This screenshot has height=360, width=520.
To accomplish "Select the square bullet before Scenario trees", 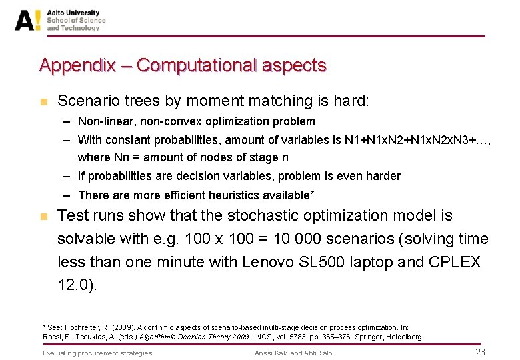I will point(43,102).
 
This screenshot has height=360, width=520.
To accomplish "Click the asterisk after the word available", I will point(312,193).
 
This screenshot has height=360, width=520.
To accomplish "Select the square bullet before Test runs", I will point(43,217).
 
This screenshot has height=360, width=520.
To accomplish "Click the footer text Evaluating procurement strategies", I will point(97,353).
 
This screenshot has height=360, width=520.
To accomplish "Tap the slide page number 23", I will point(480,352).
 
